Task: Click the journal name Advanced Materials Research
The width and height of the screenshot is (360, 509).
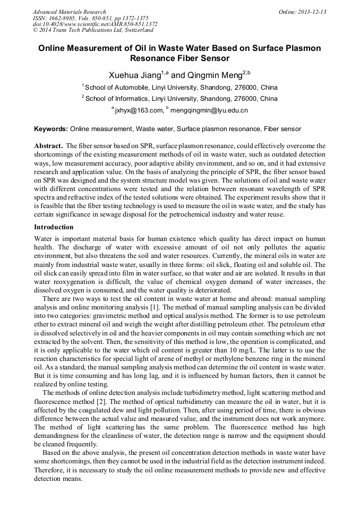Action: coord(70,12)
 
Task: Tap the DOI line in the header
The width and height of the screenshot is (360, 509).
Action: coord(95,24)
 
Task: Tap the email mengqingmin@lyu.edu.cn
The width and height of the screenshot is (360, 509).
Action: coord(209,110)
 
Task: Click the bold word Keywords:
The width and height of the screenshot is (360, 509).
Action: coord(51,129)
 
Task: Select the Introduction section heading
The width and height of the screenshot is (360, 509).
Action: coord(55,227)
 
